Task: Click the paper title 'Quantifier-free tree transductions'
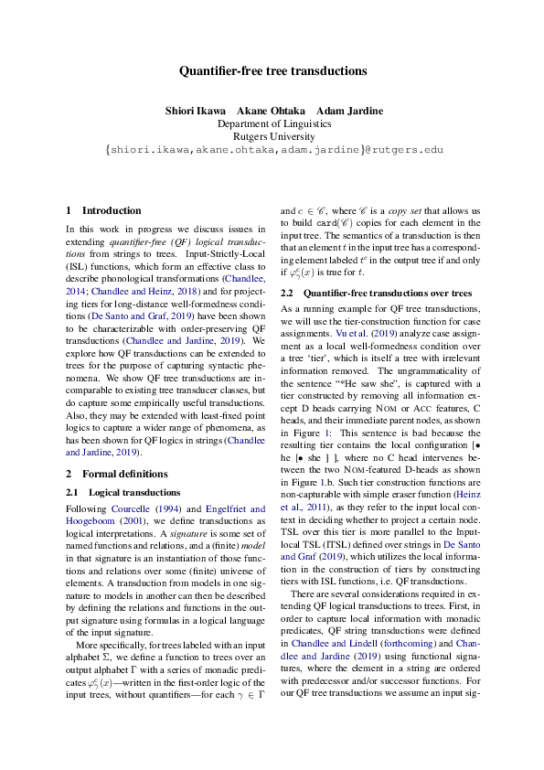272,70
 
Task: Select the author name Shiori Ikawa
194,111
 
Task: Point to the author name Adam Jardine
350,111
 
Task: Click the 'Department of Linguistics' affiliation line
272,123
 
